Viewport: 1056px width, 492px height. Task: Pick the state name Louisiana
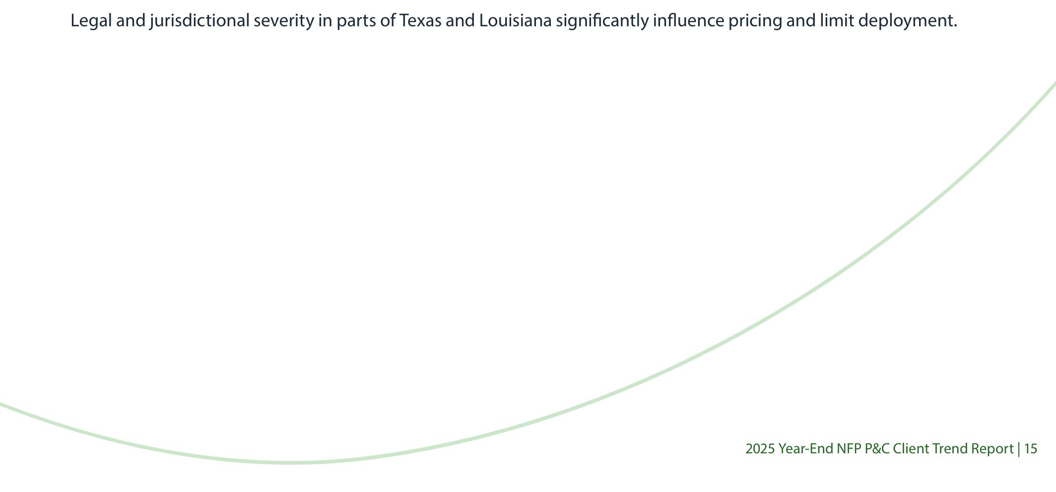click(515, 21)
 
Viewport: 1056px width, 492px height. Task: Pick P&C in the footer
click(877, 449)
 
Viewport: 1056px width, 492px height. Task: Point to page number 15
click(1031, 449)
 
